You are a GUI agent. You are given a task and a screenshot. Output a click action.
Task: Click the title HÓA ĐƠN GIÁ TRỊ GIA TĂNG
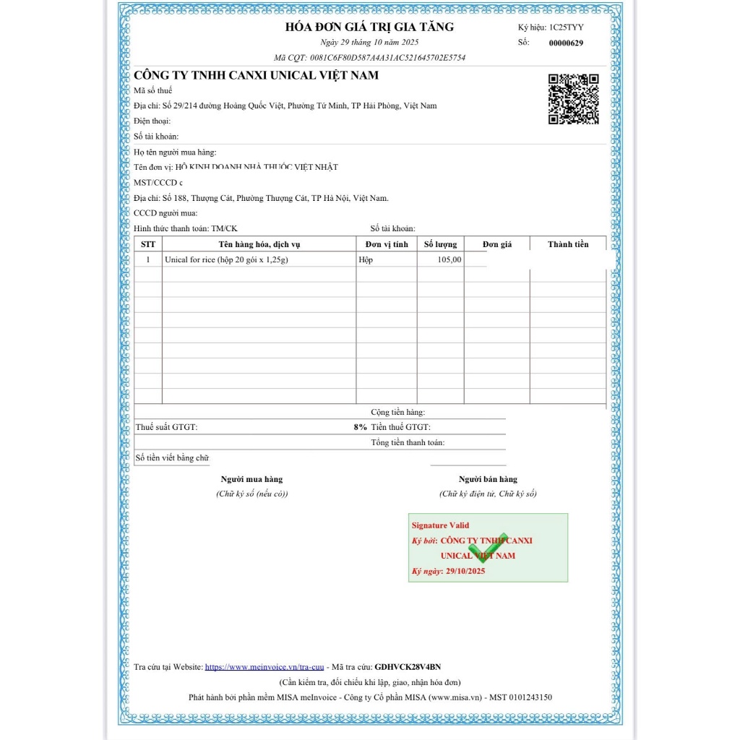click(369, 27)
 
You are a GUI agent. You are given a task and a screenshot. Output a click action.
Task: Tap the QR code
click(574, 99)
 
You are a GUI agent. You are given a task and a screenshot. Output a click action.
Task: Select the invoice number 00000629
click(566, 43)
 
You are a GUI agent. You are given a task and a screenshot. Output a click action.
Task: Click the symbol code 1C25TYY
click(567, 27)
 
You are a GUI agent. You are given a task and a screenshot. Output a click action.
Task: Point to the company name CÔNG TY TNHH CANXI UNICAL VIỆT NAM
click(256, 75)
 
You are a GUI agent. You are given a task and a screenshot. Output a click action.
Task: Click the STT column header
click(147, 244)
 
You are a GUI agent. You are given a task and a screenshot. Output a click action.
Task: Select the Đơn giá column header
click(496, 244)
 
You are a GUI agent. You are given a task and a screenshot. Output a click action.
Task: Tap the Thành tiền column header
click(568, 244)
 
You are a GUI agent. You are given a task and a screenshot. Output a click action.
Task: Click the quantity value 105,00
click(449, 259)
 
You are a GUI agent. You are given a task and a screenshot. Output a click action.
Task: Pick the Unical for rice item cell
click(226, 259)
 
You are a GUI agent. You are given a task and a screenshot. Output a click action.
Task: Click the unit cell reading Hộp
click(366, 259)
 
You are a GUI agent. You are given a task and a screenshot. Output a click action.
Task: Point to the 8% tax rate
click(360, 427)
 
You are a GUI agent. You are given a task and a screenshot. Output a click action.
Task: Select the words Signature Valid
click(440, 525)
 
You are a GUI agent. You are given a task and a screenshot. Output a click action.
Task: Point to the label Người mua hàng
click(251, 479)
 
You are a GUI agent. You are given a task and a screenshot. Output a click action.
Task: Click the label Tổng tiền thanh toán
click(408, 442)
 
